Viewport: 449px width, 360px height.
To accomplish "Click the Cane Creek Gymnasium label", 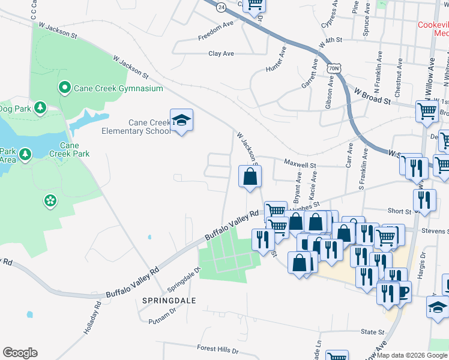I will click(x=118, y=88).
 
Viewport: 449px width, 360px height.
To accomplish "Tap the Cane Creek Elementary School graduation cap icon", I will click(x=181, y=121).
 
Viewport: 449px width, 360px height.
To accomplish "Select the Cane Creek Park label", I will click(x=69, y=149).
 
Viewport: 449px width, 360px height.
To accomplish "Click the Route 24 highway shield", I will click(x=221, y=7).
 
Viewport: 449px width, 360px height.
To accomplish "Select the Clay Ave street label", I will click(x=221, y=53).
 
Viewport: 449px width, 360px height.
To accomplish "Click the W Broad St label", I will click(x=372, y=97).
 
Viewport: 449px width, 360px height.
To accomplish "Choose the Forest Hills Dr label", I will click(x=218, y=349).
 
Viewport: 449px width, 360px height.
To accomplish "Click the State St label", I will click(x=372, y=332).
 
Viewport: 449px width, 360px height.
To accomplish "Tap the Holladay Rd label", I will click(x=94, y=321).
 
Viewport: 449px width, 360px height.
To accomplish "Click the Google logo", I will click(x=20, y=353).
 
